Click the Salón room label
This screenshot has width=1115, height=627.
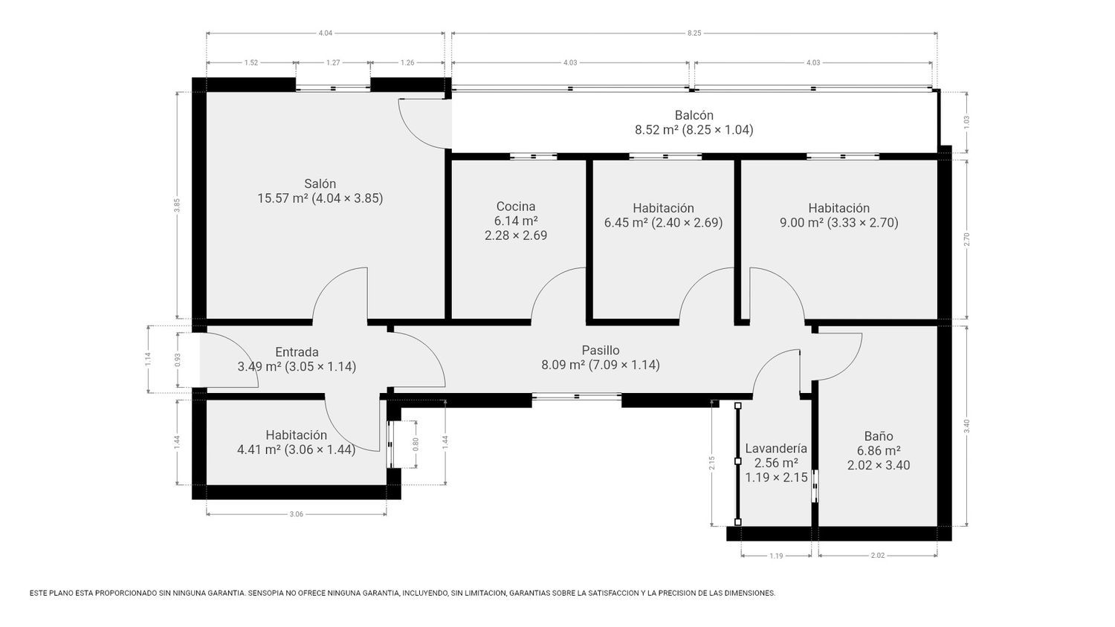(320, 183)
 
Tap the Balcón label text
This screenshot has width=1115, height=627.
(694, 115)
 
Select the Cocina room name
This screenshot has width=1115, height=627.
(516, 206)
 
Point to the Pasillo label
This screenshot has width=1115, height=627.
(601, 350)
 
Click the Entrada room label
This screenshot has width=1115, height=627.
(297, 352)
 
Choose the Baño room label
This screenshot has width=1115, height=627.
(879, 436)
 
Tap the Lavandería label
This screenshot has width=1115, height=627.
(776, 449)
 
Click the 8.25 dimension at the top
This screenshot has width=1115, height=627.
(694, 33)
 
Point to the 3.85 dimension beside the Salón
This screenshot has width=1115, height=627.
(177, 206)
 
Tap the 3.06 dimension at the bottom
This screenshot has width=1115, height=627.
(296, 514)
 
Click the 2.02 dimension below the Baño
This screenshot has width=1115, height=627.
(878, 556)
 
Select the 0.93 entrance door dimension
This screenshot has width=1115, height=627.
(178, 360)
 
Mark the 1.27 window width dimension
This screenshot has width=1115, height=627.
(333, 62)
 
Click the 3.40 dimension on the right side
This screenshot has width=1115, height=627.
(966, 426)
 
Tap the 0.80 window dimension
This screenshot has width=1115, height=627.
(416, 444)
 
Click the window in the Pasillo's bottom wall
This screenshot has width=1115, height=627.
(576, 397)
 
